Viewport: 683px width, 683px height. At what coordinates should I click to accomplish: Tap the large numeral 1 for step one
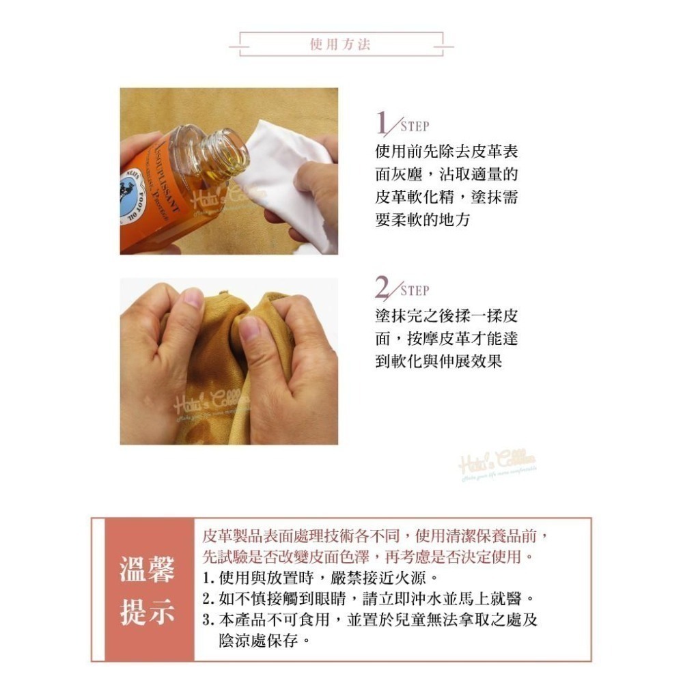coord(384,124)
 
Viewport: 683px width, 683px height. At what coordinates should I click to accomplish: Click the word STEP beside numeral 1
coord(415,126)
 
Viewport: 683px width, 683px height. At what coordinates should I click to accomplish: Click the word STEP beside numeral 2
coord(415,291)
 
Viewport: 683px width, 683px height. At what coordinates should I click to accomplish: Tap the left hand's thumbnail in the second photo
coord(193,298)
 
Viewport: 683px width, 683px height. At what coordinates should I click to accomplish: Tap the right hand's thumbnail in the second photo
coord(250,329)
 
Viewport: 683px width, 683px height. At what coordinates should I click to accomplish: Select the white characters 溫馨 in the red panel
coord(148,570)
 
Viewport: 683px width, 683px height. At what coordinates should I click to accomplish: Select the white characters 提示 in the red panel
coord(148,612)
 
